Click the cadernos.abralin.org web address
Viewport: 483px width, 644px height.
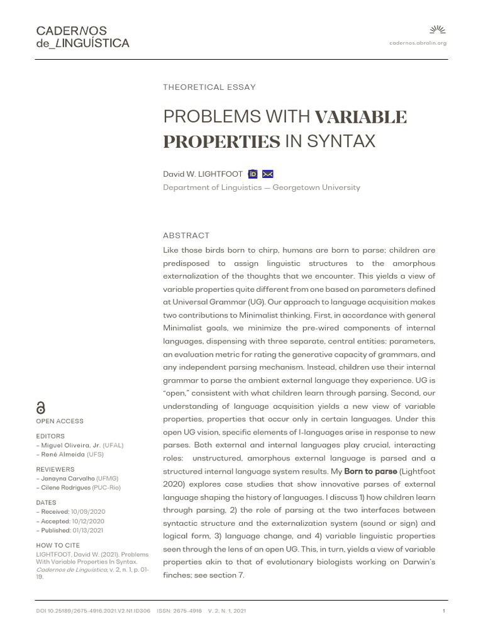click(x=418, y=43)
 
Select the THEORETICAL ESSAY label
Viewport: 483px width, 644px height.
click(x=209, y=87)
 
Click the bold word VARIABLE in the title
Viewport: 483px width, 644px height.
click(x=360, y=117)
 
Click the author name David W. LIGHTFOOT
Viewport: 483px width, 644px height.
click(x=203, y=174)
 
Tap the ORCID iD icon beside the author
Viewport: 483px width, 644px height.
click(x=253, y=174)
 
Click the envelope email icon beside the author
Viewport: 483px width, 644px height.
click(x=268, y=174)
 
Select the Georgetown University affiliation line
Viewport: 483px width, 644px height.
click(x=262, y=187)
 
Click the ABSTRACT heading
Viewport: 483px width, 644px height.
click(x=186, y=235)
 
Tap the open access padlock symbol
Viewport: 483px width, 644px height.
click(x=42, y=408)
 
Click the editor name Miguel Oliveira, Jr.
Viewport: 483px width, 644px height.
click(x=69, y=445)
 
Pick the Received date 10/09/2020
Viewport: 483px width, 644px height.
click(x=88, y=512)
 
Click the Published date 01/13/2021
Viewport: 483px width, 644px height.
click(x=89, y=530)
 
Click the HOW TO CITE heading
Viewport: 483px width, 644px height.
click(x=58, y=545)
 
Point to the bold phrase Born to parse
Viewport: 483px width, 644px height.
click(x=370, y=471)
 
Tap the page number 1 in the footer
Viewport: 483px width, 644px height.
click(x=444, y=611)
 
